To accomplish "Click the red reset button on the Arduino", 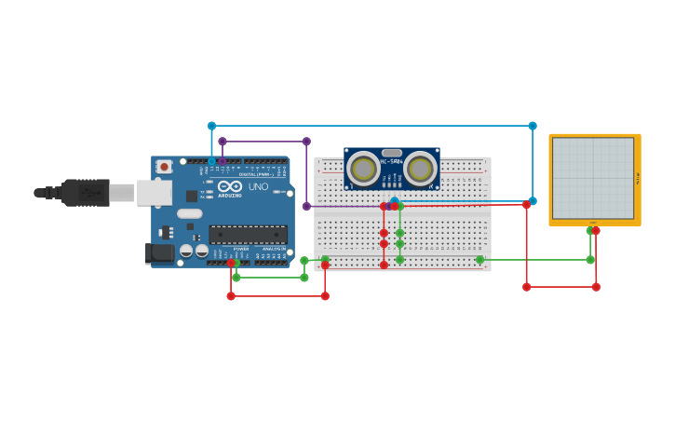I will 164,167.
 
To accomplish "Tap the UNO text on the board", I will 258,186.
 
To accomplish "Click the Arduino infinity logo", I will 230,186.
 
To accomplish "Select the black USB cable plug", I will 84,193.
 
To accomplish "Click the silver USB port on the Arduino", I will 154,193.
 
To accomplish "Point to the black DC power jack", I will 160,252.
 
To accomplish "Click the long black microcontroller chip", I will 248,234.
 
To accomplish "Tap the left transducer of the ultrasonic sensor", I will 363,169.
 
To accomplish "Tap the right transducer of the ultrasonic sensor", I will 421,169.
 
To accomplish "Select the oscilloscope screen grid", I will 593,178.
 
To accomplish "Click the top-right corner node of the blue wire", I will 533,126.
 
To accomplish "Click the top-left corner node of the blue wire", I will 211,126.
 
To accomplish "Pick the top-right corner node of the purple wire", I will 306,142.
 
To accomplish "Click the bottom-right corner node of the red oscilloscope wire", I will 596,287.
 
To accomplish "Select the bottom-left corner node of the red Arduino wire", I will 231,296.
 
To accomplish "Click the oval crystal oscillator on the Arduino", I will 190,213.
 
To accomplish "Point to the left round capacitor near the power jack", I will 186,251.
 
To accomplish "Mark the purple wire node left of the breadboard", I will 306,206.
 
